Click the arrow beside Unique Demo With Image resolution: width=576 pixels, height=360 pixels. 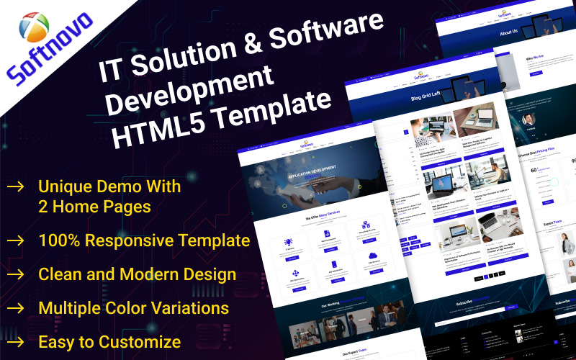[x=14, y=186]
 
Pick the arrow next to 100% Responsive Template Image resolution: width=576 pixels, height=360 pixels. [x=14, y=240]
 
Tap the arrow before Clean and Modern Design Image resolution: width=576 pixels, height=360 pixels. [x=14, y=274]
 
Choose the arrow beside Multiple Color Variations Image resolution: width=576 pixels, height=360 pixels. [x=14, y=308]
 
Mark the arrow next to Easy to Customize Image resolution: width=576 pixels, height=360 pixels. [x=14, y=341]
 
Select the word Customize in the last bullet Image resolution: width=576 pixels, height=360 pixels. [x=143, y=341]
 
